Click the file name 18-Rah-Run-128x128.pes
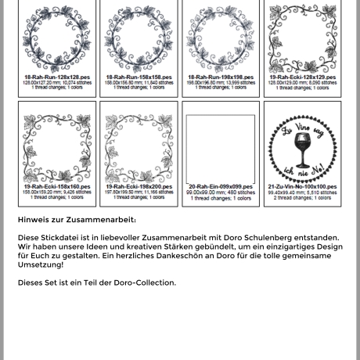point(51,77)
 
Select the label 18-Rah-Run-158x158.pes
point(133,77)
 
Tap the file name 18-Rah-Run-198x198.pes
point(215,77)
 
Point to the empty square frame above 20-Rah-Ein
point(220,147)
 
